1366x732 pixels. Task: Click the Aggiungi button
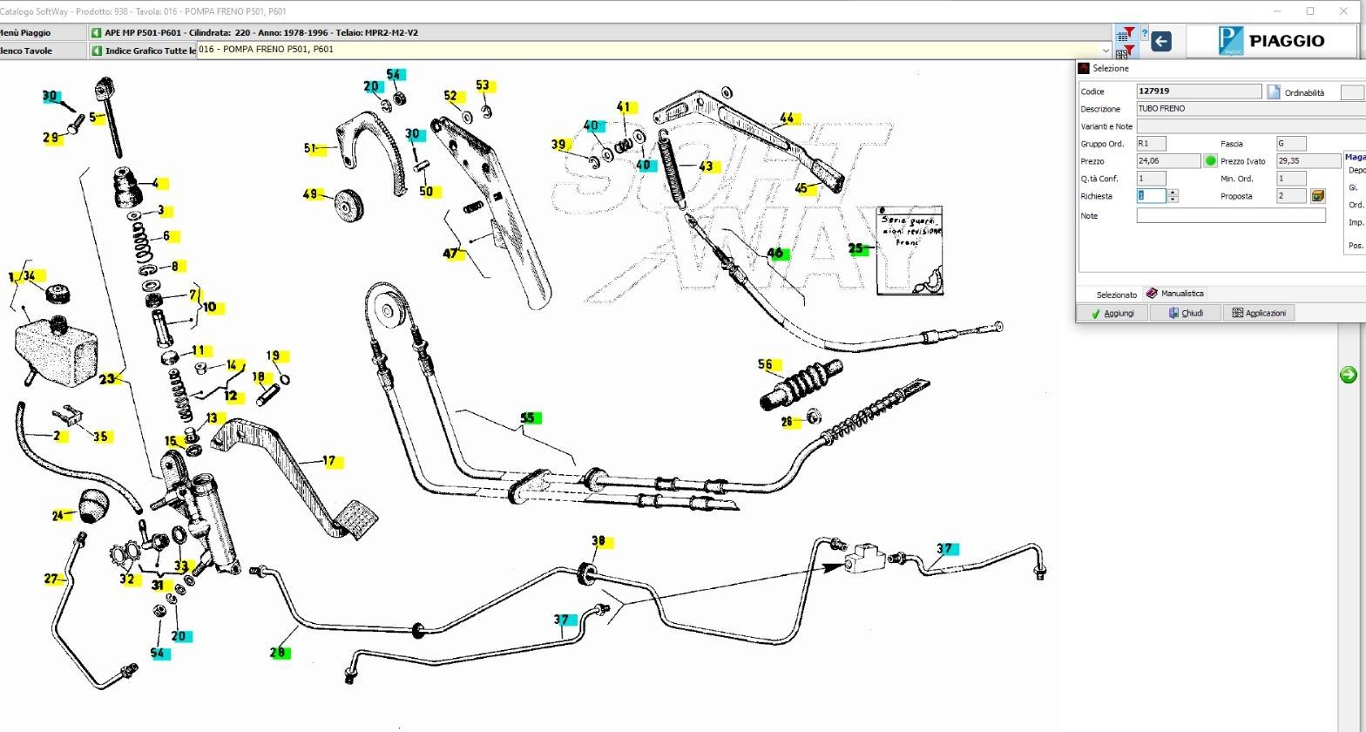(1112, 313)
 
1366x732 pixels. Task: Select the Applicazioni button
(1259, 313)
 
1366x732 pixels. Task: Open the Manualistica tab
(1175, 294)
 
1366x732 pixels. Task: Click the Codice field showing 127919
(1199, 91)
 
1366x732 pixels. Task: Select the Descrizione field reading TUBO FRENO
(1249, 109)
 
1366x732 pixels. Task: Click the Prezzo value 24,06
(1168, 161)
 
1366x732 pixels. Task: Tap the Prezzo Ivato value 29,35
(1308, 161)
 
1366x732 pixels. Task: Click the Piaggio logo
(1275, 41)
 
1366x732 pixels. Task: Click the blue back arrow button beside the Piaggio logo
(1160, 41)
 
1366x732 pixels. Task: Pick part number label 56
(766, 365)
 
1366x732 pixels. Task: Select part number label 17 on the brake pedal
(329, 461)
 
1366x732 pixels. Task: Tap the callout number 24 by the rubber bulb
(58, 516)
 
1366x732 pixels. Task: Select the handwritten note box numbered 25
(910, 250)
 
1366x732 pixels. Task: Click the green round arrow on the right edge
(1348, 375)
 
